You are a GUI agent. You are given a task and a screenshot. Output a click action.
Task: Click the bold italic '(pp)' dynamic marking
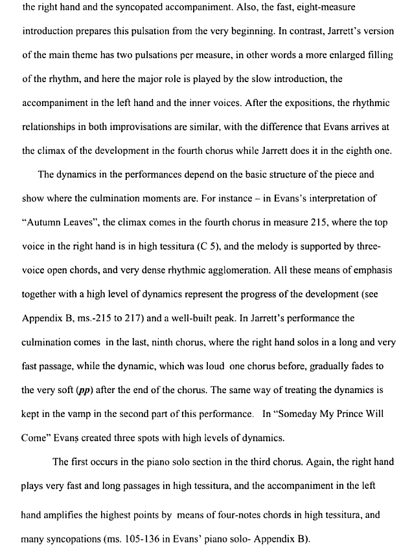[84, 391]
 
